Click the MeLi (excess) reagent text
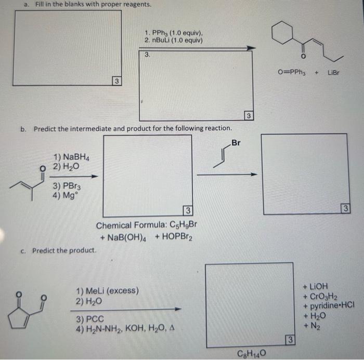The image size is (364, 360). (107, 291)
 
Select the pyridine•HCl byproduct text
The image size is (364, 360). (328, 305)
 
